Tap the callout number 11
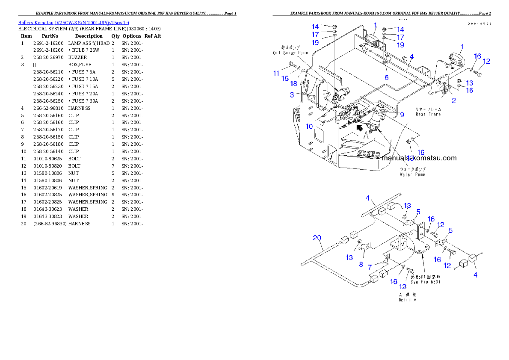[x=277, y=73]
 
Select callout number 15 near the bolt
[x=285, y=79]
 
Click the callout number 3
[x=292, y=94]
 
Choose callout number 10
[x=309, y=127]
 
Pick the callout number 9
[x=402, y=114]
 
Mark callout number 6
[x=386, y=77]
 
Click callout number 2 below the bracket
[x=454, y=100]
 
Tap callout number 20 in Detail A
[x=317, y=238]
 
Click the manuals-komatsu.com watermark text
[x=419, y=158]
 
